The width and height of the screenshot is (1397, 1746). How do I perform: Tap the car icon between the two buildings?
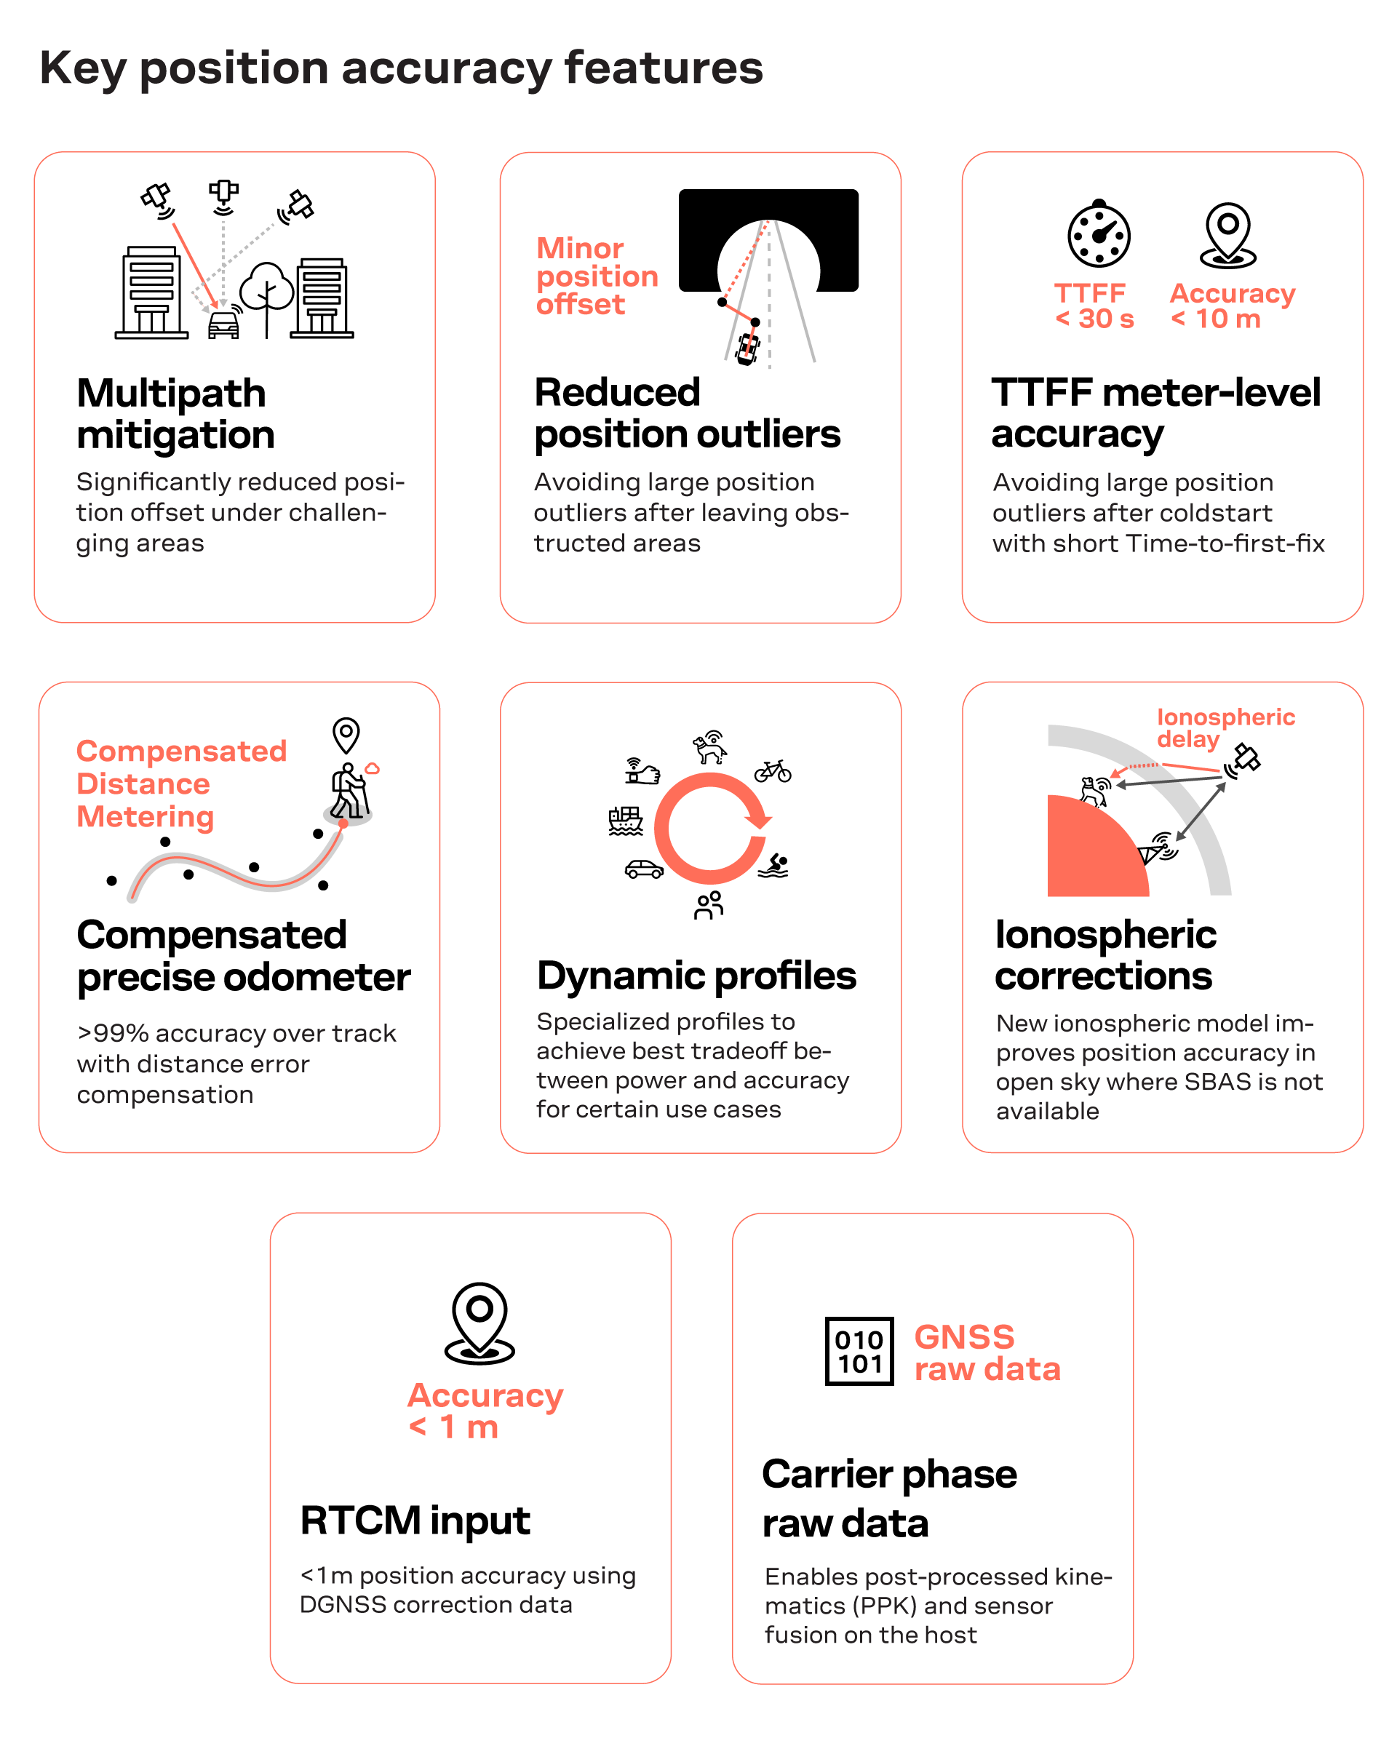point(223,323)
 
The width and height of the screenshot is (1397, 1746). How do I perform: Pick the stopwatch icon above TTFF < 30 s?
point(1098,234)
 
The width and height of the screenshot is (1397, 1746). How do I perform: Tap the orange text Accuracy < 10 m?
point(1232,306)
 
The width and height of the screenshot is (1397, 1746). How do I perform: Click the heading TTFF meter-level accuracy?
point(1155,412)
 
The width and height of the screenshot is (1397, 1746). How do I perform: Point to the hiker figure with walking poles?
point(349,790)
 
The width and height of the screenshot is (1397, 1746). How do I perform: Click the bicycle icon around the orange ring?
point(773,771)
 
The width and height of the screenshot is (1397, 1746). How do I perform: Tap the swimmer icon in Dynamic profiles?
point(774,865)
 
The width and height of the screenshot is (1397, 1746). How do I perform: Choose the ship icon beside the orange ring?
point(625,821)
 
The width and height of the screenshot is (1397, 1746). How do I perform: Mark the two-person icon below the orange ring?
point(709,904)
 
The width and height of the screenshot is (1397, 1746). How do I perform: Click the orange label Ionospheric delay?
point(1225,727)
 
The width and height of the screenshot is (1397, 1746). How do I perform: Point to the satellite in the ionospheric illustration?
point(1244,760)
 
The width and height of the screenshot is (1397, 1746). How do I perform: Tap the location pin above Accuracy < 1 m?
point(479,1323)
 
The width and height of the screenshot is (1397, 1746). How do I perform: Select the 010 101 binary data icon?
point(859,1351)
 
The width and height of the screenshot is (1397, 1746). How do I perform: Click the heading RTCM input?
point(415,1520)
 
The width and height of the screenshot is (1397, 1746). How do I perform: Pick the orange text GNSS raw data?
point(987,1352)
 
